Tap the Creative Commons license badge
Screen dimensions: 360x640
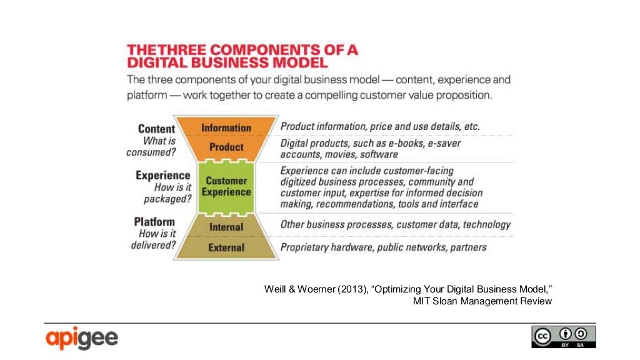(x=563, y=337)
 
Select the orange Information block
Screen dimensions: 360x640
(x=226, y=127)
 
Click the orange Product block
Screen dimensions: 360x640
(x=226, y=147)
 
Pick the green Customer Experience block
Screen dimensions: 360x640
(x=226, y=186)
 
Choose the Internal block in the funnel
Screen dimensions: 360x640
(x=226, y=227)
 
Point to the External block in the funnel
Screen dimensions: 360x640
(x=226, y=247)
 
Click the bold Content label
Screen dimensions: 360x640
(x=156, y=129)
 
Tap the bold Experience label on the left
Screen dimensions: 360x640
(x=162, y=176)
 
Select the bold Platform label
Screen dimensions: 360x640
(x=154, y=222)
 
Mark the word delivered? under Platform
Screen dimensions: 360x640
(x=153, y=245)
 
